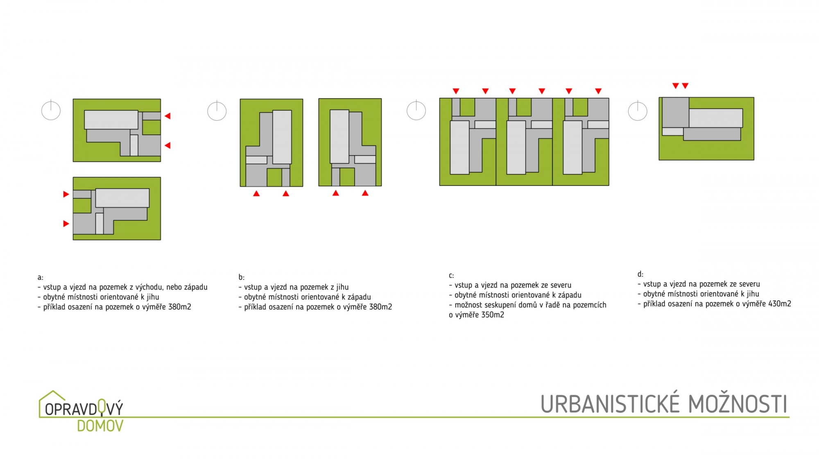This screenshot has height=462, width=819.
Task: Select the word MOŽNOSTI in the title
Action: coord(738,404)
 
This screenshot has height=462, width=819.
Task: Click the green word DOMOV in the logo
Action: coord(100,426)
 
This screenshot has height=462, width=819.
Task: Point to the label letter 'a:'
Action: coord(40,278)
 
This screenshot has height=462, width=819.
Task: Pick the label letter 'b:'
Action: coord(241,277)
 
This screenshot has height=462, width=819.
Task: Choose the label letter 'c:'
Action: coord(451,276)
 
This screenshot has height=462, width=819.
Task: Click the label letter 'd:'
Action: coord(640,274)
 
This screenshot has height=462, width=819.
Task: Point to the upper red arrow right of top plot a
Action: coord(167,116)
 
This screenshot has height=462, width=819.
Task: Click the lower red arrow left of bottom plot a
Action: coord(66,224)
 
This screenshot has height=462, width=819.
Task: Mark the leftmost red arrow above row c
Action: coord(456,91)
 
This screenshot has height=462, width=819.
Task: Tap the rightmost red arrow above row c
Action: coord(598,91)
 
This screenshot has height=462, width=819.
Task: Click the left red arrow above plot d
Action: coord(676,86)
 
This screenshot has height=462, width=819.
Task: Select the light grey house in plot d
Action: coord(716,118)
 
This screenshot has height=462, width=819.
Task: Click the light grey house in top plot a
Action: coord(111,120)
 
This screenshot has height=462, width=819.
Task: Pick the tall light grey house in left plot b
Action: coord(282,137)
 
